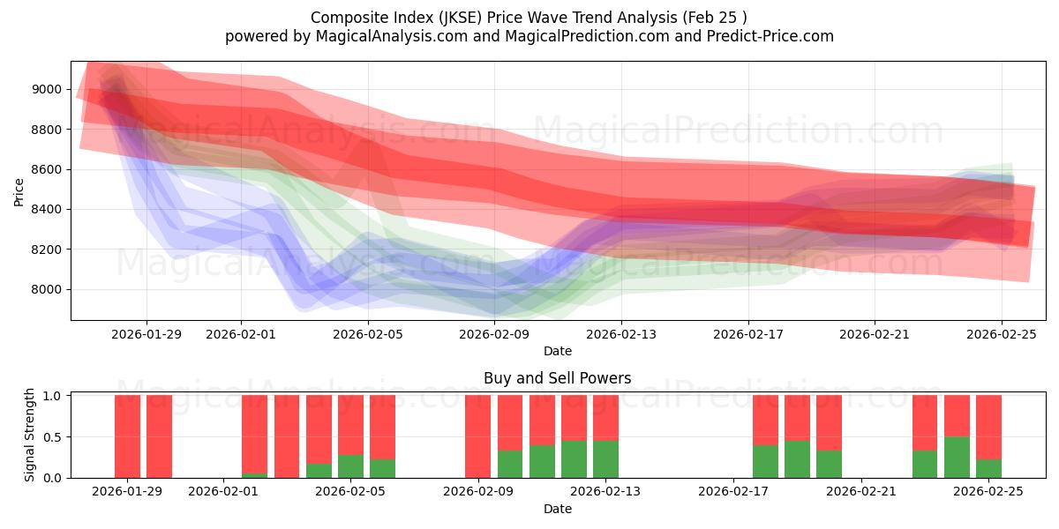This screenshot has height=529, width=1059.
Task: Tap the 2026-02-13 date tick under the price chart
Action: point(621,334)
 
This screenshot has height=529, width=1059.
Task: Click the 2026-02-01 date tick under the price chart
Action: point(241,334)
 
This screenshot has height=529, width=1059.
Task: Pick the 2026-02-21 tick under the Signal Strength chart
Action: point(860,492)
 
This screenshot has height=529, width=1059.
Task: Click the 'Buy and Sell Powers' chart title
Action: point(557,378)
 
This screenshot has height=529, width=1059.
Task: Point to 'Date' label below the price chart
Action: point(557,351)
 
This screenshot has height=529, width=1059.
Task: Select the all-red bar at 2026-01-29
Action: point(127,436)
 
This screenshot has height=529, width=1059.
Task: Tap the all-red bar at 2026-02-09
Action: point(477,436)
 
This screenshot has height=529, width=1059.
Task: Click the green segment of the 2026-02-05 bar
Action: point(350,466)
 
